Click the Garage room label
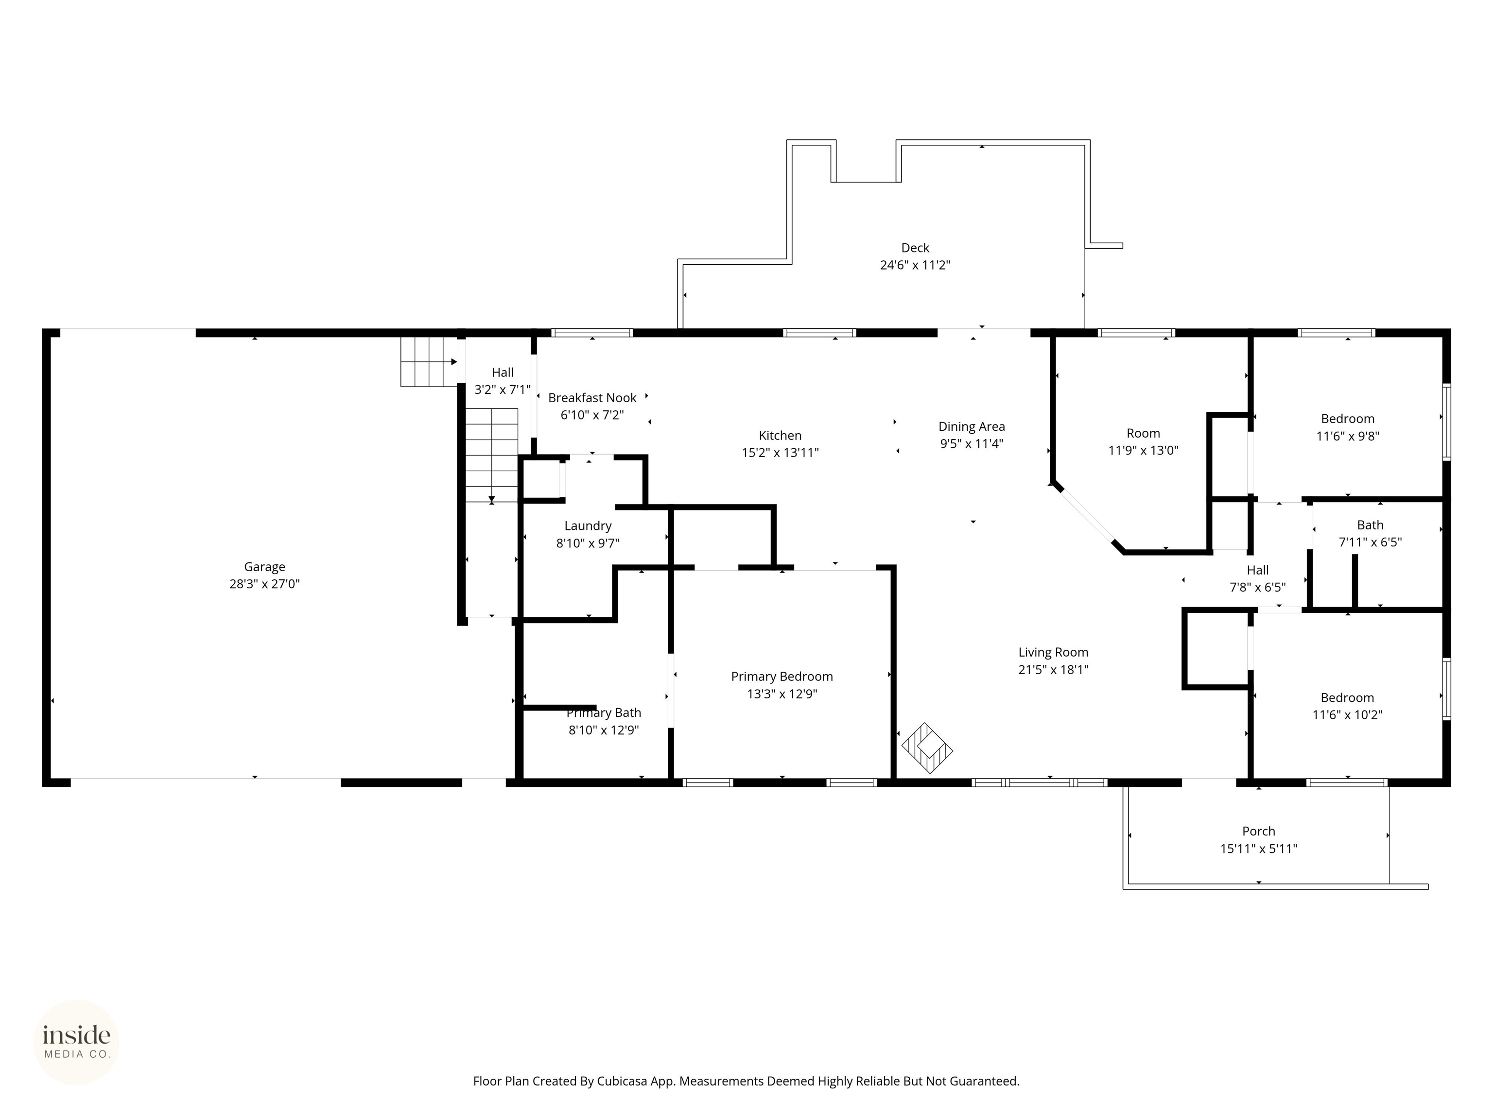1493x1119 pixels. point(264,567)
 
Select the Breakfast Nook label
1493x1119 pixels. point(592,398)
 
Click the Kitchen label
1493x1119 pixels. point(780,436)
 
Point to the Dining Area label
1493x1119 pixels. point(971,426)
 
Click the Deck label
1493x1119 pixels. point(915,248)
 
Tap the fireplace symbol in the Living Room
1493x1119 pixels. point(927,748)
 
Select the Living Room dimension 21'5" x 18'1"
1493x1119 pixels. point(1053,670)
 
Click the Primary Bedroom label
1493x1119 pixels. point(781,677)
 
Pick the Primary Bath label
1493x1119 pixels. point(604,713)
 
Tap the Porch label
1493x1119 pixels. point(1258,831)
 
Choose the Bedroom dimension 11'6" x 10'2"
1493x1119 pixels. point(1347,715)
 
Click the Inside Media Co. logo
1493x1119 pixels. point(76,1042)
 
